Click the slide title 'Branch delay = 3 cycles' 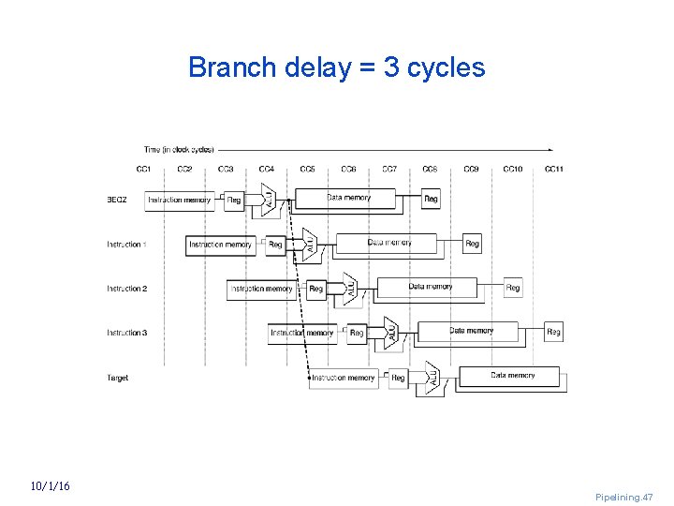(x=336, y=67)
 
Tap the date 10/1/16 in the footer (x=50, y=486)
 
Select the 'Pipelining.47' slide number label (x=623, y=497)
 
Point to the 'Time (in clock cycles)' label (x=179, y=149)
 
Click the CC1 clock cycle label (x=143, y=170)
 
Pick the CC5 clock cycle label (x=307, y=170)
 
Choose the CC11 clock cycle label (x=553, y=170)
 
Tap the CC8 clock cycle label (x=430, y=170)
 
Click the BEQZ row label (x=117, y=200)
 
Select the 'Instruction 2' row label (x=126, y=289)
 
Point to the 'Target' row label (x=118, y=378)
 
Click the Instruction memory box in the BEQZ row (x=180, y=200)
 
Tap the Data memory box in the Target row (x=512, y=377)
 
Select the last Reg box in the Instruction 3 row (x=553, y=332)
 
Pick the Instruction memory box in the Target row (x=344, y=378)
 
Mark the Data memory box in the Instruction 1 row (x=388, y=244)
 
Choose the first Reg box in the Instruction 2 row (x=315, y=289)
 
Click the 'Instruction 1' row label (x=126, y=245)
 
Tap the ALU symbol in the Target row (x=432, y=378)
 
